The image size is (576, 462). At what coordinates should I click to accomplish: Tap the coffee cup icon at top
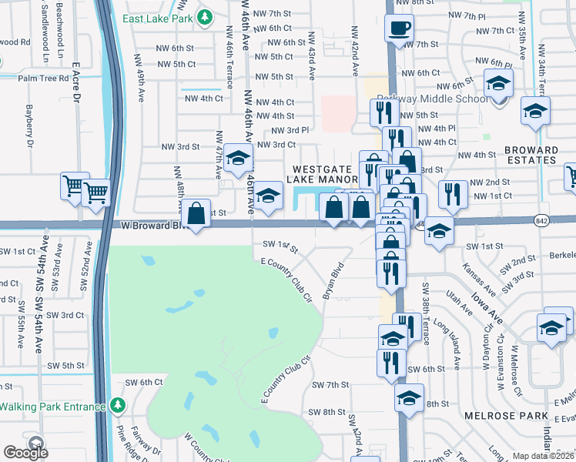(399, 28)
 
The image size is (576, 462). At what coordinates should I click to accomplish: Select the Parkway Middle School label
(431, 99)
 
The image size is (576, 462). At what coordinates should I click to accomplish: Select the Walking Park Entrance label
(52, 407)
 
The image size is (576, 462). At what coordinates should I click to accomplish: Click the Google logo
(25, 453)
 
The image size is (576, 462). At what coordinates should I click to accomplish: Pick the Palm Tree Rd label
(44, 78)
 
